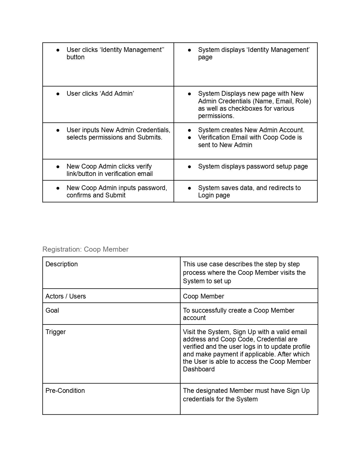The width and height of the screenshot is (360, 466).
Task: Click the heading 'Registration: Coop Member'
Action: click(x=85, y=249)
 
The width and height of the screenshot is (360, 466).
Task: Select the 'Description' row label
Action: click(x=62, y=264)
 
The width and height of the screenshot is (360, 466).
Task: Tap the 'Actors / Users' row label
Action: click(x=66, y=296)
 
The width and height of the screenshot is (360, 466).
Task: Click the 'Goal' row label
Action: click(x=52, y=310)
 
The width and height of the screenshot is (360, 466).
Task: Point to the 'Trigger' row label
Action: click(x=56, y=332)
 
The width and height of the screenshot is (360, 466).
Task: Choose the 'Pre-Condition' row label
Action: click(x=65, y=391)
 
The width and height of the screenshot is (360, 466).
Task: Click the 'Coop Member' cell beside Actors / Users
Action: click(x=203, y=296)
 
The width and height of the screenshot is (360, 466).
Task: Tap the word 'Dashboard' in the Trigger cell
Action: click(x=199, y=369)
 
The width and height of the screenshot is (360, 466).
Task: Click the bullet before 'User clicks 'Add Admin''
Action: click(x=58, y=94)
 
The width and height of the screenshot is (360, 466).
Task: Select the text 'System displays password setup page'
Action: click(x=253, y=166)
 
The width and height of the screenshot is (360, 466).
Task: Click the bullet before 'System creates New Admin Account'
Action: click(x=189, y=130)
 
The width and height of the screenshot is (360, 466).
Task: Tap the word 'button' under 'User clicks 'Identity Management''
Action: click(x=75, y=57)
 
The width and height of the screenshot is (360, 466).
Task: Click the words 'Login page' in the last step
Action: click(x=214, y=195)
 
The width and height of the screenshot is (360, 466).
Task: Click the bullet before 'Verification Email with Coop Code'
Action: click(x=189, y=138)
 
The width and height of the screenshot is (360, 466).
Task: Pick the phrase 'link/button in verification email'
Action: click(x=110, y=174)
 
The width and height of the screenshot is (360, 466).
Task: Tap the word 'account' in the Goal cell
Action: click(x=194, y=318)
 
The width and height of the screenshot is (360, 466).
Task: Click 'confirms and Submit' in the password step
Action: click(x=96, y=195)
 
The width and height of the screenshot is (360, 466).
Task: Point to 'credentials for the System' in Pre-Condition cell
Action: click(x=220, y=399)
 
